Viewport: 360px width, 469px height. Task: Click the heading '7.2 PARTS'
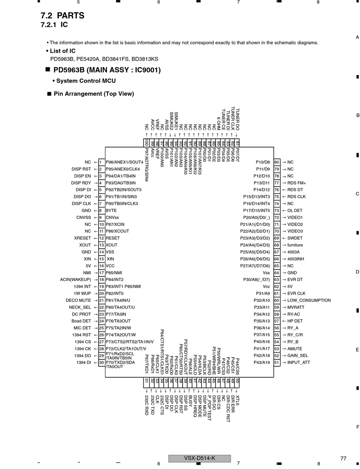(62, 16)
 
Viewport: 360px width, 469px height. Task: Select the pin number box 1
(102, 162)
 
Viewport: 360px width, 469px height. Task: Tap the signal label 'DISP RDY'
(81, 183)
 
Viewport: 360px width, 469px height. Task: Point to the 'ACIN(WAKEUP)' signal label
(75, 279)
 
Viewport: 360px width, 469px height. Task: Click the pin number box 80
(277, 162)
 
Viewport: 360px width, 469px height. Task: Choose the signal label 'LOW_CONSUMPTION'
(309, 300)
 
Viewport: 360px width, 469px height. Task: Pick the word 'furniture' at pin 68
(295, 245)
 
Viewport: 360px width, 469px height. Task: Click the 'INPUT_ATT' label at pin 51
(299, 362)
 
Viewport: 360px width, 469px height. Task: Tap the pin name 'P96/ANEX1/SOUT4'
(124, 162)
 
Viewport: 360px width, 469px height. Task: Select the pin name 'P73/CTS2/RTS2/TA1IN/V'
(130, 342)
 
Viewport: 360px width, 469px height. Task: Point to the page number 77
(343, 458)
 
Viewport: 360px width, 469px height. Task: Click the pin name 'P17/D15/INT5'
(257, 210)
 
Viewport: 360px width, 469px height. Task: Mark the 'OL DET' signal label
(295, 210)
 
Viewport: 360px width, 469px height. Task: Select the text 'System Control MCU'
(86, 81)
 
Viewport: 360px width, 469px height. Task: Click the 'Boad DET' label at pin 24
(81, 321)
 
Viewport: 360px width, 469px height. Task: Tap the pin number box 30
(102, 362)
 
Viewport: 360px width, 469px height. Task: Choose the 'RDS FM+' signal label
(297, 183)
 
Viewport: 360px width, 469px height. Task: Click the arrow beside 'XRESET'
(96, 238)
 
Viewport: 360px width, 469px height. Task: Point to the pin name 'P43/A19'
(261, 362)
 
